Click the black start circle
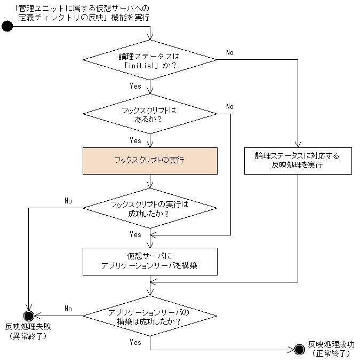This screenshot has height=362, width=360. (x=7, y=26)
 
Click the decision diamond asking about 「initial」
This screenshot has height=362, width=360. (x=150, y=60)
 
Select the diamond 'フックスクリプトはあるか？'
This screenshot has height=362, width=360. (x=150, y=114)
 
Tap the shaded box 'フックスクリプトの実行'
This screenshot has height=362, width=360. (x=150, y=160)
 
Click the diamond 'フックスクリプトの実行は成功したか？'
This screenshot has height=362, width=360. (x=150, y=208)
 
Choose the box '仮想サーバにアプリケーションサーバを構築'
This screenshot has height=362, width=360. (x=150, y=261)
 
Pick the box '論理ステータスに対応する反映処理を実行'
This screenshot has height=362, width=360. (x=298, y=160)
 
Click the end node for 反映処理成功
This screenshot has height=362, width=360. (x=299, y=349)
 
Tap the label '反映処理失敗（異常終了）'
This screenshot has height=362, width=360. (x=29, y=332)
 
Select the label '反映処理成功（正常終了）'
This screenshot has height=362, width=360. (x=331, y=348)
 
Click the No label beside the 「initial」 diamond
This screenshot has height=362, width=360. (x=230, y=52)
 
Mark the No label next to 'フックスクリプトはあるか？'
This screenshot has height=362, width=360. (x=230, y=106)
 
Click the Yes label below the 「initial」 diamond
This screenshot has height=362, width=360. (x=135, y=85)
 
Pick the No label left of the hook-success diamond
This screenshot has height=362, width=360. (x=68, y=201)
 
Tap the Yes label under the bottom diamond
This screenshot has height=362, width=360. (x=135, y=342)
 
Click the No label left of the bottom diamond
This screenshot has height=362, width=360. (x=68, y=309)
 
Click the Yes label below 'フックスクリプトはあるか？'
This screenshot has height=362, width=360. (x=135, y=140)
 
